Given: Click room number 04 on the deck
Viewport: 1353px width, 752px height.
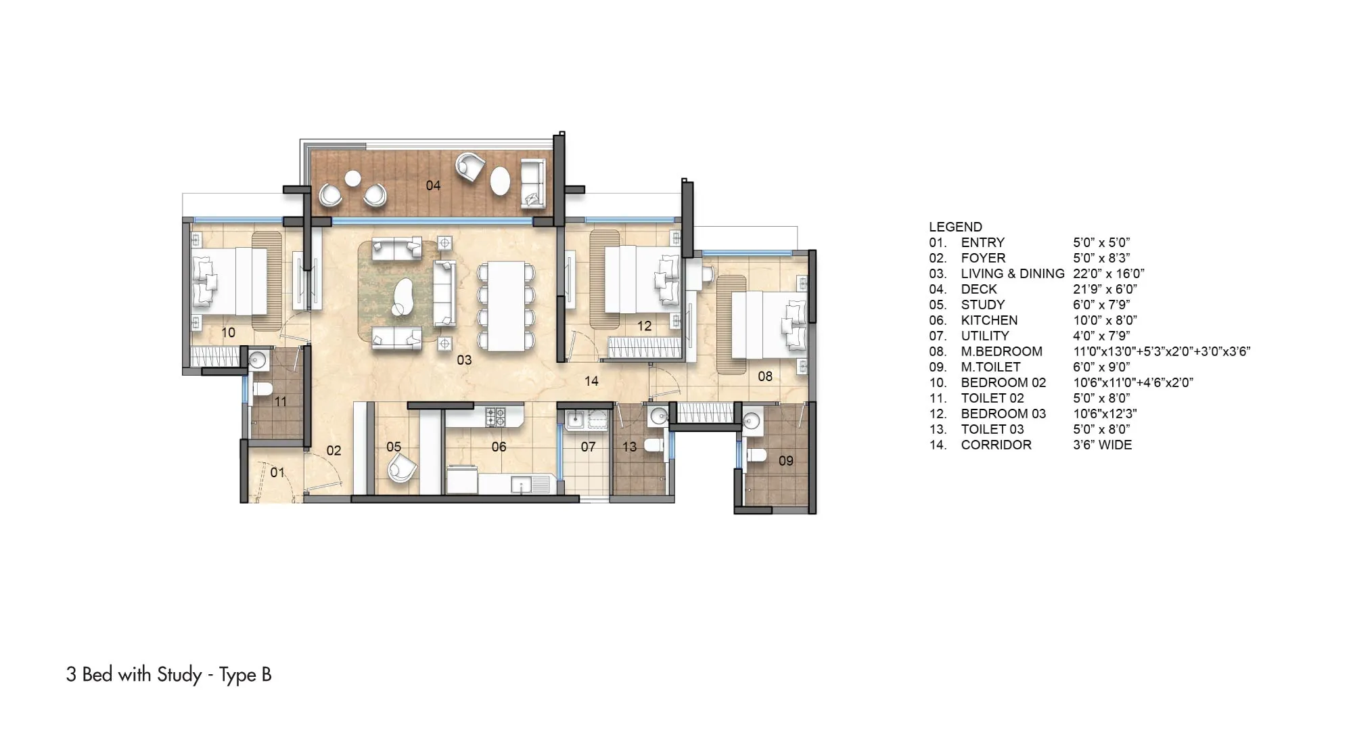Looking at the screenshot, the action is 433,185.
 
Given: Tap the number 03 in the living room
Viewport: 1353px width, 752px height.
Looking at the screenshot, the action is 464,360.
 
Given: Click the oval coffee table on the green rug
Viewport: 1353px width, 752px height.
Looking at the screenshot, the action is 405,295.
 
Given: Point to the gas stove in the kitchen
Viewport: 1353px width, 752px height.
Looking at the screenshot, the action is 495,416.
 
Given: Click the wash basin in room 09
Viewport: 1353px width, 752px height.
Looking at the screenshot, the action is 752,421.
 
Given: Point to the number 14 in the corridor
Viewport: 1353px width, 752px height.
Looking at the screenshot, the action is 591,381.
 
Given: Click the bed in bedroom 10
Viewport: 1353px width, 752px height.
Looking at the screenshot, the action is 230,281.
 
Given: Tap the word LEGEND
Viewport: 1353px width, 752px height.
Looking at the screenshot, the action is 955,227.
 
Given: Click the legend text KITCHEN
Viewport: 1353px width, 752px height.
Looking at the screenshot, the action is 989,320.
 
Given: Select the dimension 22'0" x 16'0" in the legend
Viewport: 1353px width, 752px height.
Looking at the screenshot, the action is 1108,273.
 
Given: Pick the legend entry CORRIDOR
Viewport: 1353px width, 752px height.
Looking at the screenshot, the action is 996,445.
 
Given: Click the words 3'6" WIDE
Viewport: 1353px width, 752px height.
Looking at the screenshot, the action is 1102,445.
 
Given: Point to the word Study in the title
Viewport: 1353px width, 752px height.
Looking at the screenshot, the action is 179,675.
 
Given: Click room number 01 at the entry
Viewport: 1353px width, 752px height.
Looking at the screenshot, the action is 277,472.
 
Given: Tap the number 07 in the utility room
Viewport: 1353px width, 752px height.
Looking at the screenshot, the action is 588,447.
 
